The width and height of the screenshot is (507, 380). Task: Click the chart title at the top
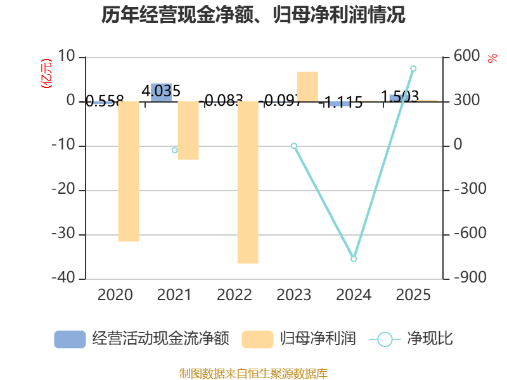(253, 15)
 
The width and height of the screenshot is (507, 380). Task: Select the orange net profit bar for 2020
(129, 172)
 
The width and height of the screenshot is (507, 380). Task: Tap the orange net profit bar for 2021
(188, 130)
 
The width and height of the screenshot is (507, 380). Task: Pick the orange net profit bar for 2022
(248, 182)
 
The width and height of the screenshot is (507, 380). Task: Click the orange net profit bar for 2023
(307, 86)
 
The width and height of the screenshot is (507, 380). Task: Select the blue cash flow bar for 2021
(162, 92)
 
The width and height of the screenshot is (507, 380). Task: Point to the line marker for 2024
(354, 259)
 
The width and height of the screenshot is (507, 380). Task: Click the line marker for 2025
(413, 68)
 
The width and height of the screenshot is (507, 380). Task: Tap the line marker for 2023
(294, 146)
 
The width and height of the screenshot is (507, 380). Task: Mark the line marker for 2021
(174, 150)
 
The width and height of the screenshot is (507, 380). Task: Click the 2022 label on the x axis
(234, 295)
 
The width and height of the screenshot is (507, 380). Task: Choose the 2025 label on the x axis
(413, 295)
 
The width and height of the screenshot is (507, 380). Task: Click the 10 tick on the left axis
(66, 57)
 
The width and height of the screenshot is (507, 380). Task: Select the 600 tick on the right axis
(466, 57)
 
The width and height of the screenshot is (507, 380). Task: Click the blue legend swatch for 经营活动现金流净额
(70, 339)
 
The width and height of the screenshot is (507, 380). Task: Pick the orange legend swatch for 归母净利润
(257, 339)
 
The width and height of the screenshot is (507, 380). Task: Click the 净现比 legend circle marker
(385, 339)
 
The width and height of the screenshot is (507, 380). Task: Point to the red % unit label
(492, 58)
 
